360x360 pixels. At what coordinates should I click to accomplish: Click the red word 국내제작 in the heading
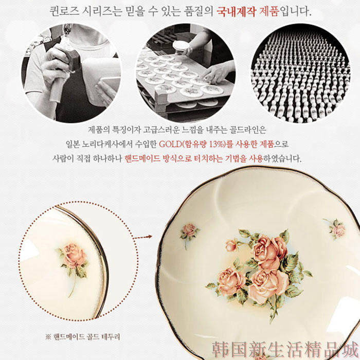(x=236, y=11)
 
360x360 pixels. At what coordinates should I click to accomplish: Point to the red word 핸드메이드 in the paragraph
(x=142, y=158)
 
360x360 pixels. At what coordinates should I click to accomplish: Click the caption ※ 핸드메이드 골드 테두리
(x=83, y=337)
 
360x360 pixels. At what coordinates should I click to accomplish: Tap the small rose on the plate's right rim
(x=336, y=228)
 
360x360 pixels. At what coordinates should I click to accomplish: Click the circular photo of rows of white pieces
(x=300, y=73)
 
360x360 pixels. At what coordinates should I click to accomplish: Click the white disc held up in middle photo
(x=181, y=46)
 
